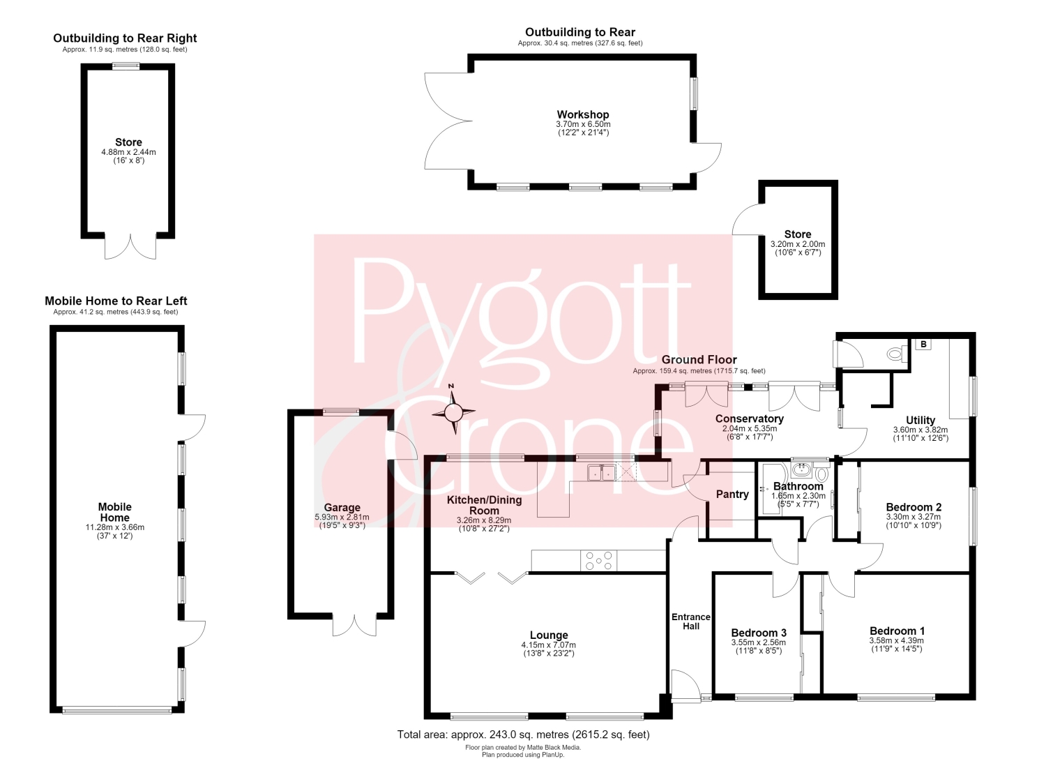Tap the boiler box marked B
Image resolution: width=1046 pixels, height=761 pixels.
tap(923, 345)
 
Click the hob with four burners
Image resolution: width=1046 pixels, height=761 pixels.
tap(598, 560)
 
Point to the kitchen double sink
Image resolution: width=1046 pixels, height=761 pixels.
tap(601, 472)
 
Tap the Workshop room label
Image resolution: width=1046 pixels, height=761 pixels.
tap(583, 114)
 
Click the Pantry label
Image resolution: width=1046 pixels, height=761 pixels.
tap(732, 495)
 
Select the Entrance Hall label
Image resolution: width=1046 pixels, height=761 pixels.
tap(690, 621)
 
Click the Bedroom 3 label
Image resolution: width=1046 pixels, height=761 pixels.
tap(759, 633)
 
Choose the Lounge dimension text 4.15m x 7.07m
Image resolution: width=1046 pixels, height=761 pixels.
tap(549, 645)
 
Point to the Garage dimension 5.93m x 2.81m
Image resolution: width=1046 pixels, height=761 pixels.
tap(342, 517)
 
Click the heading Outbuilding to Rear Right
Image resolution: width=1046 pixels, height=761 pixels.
tap(125, 38)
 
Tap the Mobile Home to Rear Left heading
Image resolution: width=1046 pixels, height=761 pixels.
tap(116, 301)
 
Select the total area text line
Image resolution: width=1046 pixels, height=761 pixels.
tap(523, 734)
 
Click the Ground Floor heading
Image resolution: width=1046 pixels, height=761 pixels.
tap(699, 360)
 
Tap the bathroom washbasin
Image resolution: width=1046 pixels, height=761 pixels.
tap(802, 469)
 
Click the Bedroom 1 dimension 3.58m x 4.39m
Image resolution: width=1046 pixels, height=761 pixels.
tap(897, 641)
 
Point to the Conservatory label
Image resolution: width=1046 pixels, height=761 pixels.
tap(750, 419)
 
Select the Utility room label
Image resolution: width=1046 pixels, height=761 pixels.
tap(920, 420)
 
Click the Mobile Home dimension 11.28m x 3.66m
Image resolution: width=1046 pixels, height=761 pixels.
tap(115, 527)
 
